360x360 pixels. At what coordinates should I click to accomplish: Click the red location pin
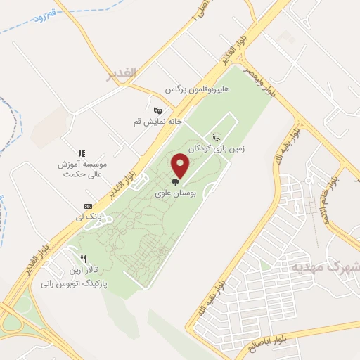point(181,165)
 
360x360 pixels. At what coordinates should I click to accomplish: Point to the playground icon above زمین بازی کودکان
point(216,136)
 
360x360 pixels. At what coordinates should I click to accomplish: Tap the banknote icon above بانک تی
point(88,206)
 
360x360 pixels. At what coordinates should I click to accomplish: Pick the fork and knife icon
point(84,258)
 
